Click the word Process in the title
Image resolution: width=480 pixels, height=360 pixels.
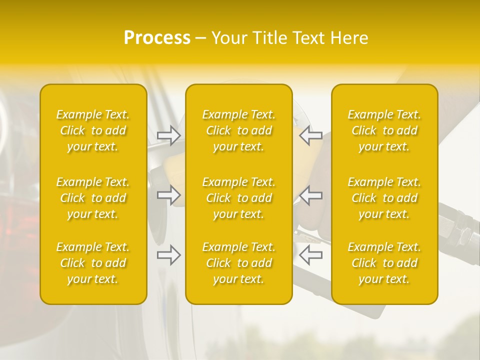[x=157, y=38]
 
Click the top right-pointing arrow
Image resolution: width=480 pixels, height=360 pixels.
[x=169, y=135]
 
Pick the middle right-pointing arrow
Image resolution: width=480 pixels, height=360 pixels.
[x=169, y=195]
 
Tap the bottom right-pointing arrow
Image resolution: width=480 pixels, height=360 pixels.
[x=169, y=255]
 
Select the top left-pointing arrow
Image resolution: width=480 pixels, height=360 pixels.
[x=310, y=135]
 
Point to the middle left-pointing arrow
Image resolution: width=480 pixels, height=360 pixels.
[x=310, y=195]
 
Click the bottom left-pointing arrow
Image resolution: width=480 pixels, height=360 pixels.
[x=310, y=255]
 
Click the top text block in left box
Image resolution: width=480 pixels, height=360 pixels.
[x=93, y=130]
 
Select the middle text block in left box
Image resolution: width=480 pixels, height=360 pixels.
[x=93, y=198]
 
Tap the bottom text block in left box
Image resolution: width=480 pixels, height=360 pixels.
[x=93, y=263]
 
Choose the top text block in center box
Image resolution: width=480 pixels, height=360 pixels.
[x=239, y=130]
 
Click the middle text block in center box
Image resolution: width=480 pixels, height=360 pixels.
[x=239, y=198]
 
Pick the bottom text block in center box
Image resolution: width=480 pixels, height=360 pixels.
[x=239, y=263]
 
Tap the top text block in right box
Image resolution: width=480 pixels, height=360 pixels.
[x=384, y=130]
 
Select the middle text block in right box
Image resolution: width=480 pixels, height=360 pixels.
[x=384, y=198]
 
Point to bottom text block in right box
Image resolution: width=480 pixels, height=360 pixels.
[x=384, y=263]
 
